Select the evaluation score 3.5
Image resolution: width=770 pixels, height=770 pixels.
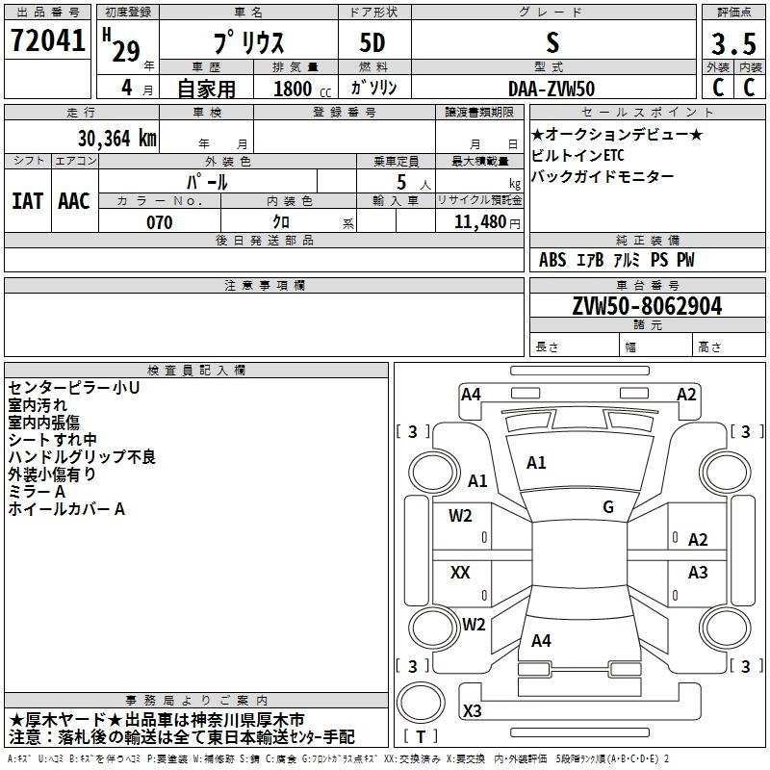pos(732,44)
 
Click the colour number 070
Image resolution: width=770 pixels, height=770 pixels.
pos(159,222)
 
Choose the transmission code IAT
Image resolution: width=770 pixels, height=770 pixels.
pos(27,201)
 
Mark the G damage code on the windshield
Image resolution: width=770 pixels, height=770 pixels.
pos(607,507)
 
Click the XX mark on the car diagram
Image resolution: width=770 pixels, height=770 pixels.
pos(460,573)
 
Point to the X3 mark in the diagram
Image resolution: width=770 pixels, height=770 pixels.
pos(472,711)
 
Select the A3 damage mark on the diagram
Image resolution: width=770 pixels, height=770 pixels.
pos(698,573)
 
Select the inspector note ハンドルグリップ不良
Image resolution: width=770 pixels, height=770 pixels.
pos(82,456)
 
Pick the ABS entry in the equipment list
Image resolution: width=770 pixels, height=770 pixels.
pos(552,260)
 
